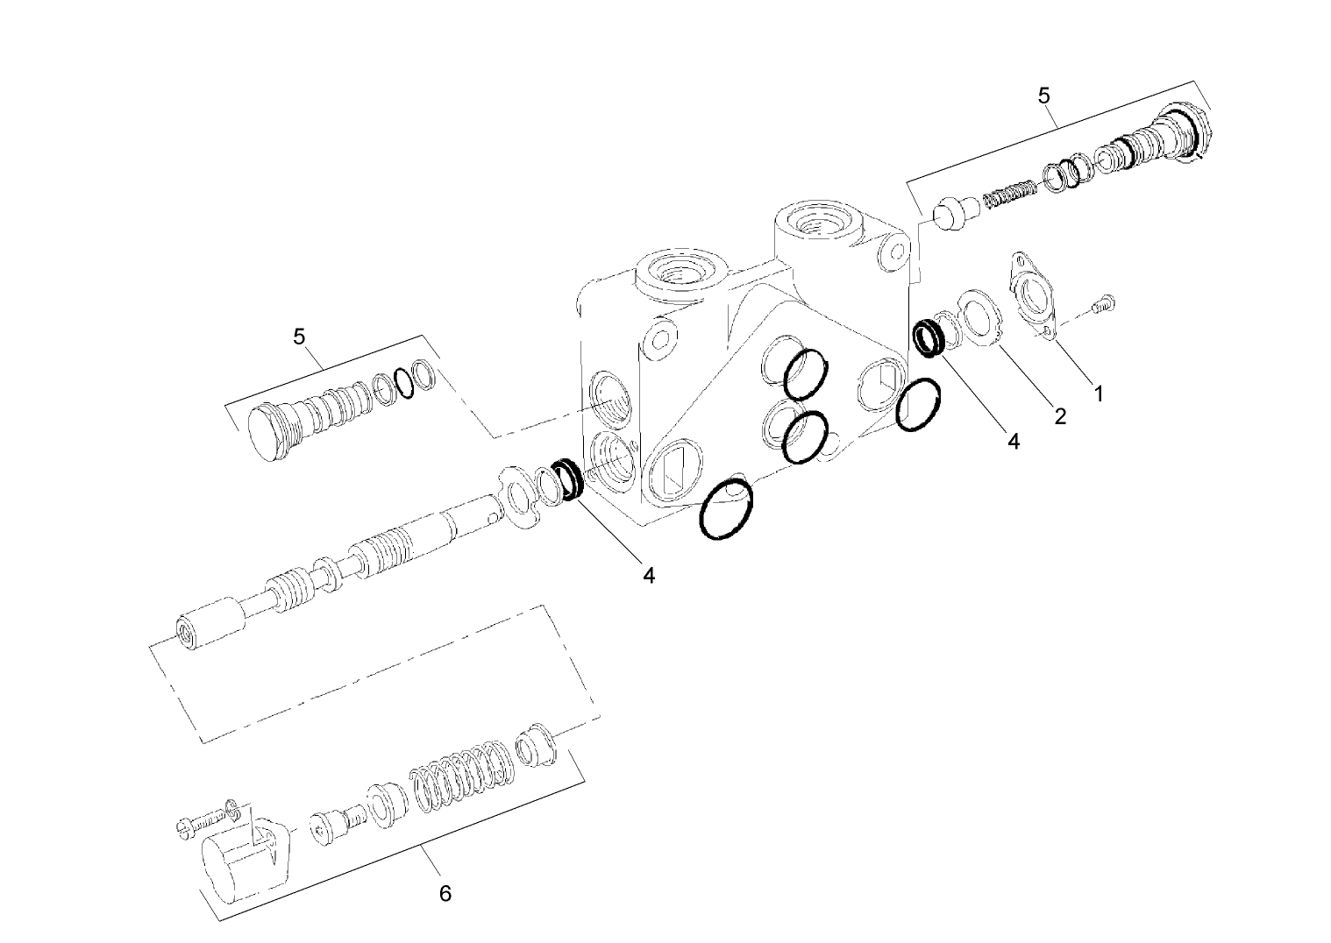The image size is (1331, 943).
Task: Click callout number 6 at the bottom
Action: [x=445, y=893]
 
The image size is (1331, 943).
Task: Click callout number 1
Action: [x=1096, y=394]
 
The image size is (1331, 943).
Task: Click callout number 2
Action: [x=1059, y=416]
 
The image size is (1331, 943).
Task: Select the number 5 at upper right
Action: [x=1043, y=96]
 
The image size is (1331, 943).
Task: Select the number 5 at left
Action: [x=299, y=337]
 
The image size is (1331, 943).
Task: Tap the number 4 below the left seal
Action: [x=648, y=575]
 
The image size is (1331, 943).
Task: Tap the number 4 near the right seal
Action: [x=1014, y=441]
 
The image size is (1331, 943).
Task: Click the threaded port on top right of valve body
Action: [x=822, y=221]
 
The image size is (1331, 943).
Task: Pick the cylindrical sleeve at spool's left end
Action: [x=210, y=621]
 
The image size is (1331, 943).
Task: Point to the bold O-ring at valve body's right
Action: [x=919, y=405]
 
